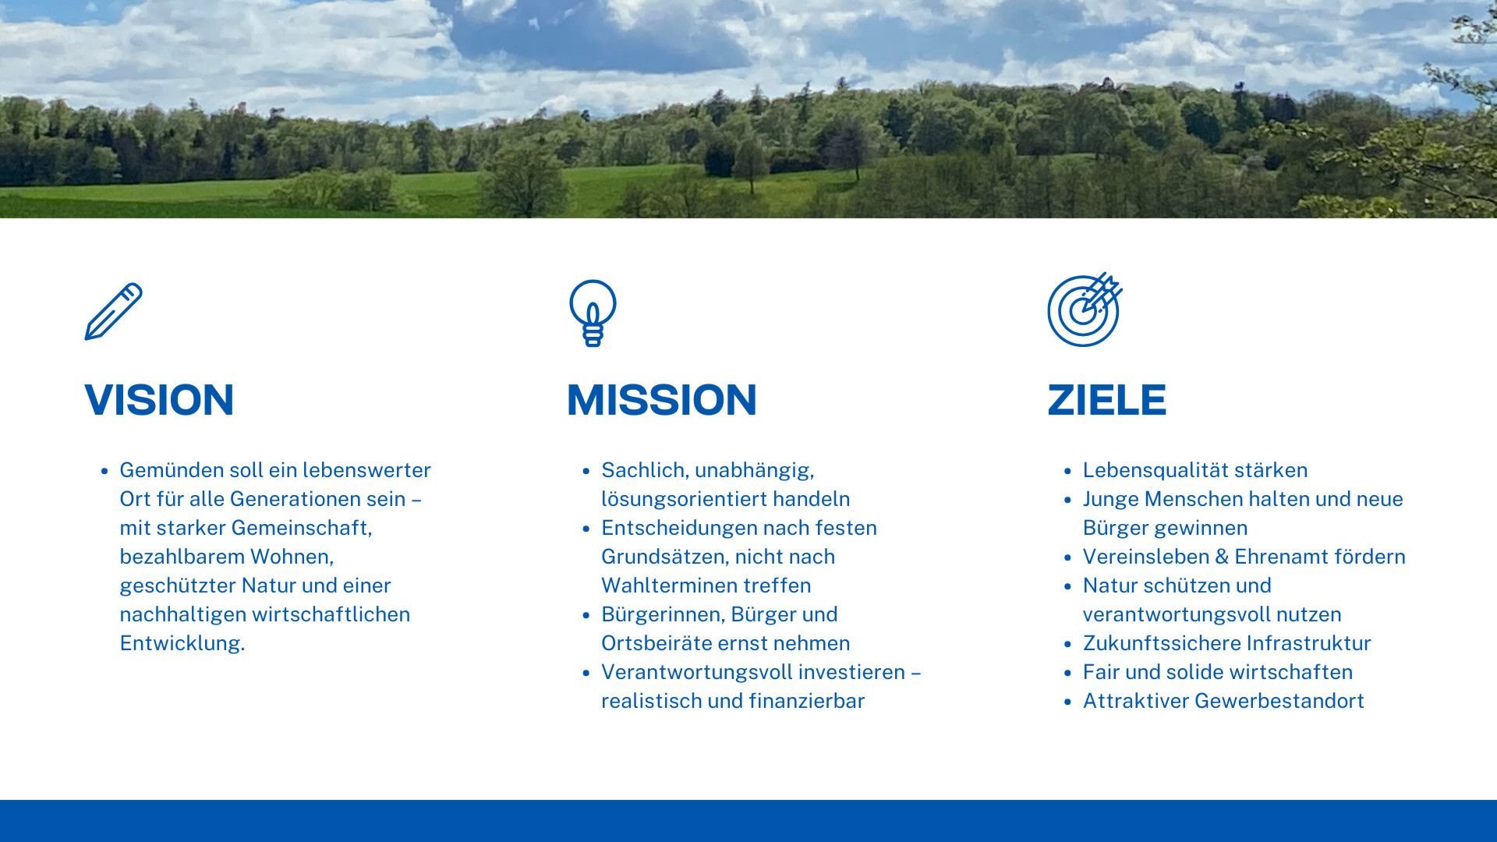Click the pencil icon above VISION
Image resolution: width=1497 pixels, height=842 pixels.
[114, 311]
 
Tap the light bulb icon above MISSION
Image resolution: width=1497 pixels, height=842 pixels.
[593, 313]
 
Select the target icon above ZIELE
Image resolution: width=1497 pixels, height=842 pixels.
[1085, 310]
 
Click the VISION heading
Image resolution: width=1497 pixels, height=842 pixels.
[159, 400]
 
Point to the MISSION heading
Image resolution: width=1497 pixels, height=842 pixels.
[661, 400]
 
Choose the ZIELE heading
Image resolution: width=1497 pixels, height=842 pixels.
[1106, 400]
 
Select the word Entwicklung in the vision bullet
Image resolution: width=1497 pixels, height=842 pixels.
[180, 643]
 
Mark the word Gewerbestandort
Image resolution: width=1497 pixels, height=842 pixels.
[1279, 701]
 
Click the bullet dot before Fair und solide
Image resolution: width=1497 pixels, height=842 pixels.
[1068, 673]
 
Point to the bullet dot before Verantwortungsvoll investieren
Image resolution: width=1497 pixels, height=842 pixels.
[586, 673]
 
